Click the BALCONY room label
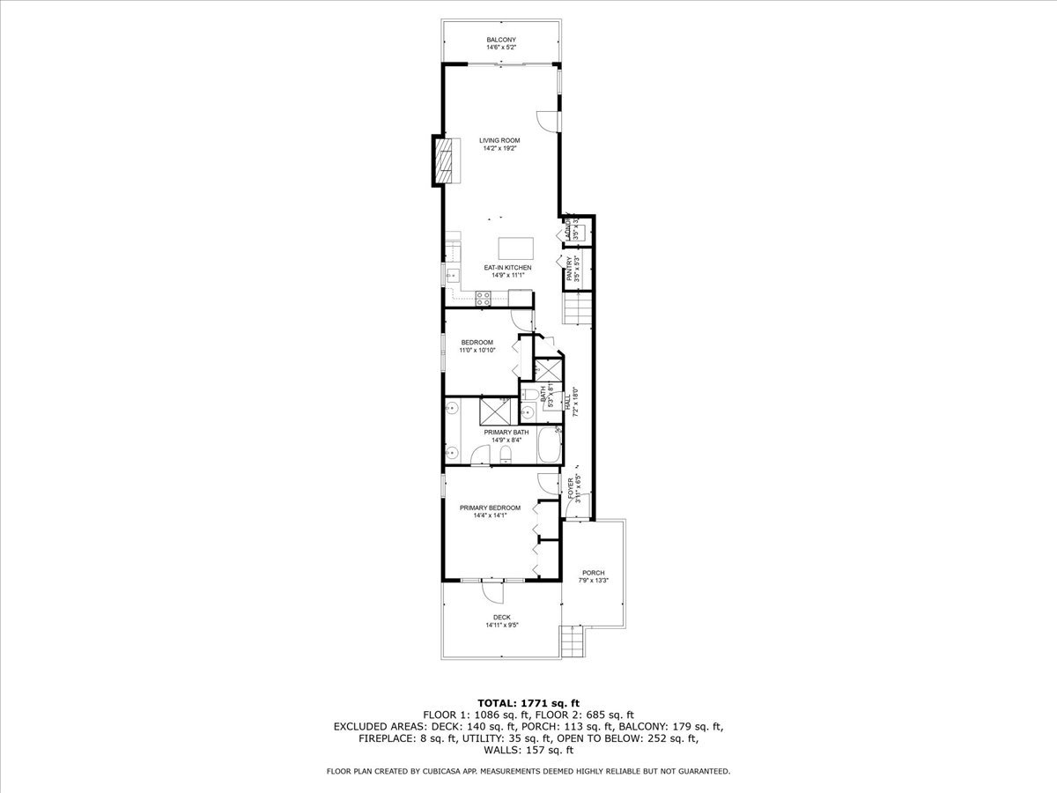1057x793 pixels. coord(500,40)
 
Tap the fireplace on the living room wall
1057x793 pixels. coord(446,160)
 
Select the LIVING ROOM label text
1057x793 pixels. coord(499,140)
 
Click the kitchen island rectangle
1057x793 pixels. coord(515,247)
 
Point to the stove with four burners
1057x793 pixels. coord(484,299)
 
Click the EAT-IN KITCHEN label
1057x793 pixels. coord(506,267)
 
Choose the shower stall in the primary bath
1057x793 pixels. coord(494,411)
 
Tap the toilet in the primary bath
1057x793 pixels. coord(505,455)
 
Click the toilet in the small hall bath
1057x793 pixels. coord(527,412)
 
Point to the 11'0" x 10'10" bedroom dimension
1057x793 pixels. coord(477,350)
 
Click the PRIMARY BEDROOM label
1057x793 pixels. coord(490,508)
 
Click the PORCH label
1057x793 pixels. coord(593,573)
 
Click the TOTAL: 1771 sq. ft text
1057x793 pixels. coord(528,702)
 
